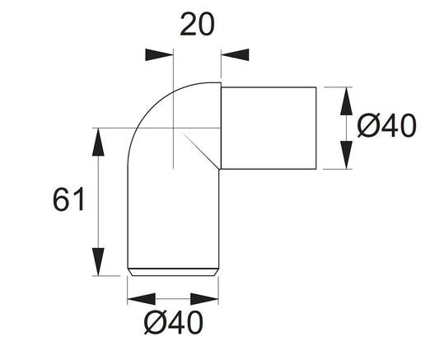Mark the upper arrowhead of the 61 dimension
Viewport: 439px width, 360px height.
(x=98, y=141)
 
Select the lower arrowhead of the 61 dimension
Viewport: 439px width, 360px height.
(x=98, y=260)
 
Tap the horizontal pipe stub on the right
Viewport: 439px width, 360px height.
(x=269, y=127)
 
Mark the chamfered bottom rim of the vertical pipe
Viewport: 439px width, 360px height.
(x=172, y=270)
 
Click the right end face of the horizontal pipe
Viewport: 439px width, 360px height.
(x=315, y=127)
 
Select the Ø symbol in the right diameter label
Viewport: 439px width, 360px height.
(x=367, y=127)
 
